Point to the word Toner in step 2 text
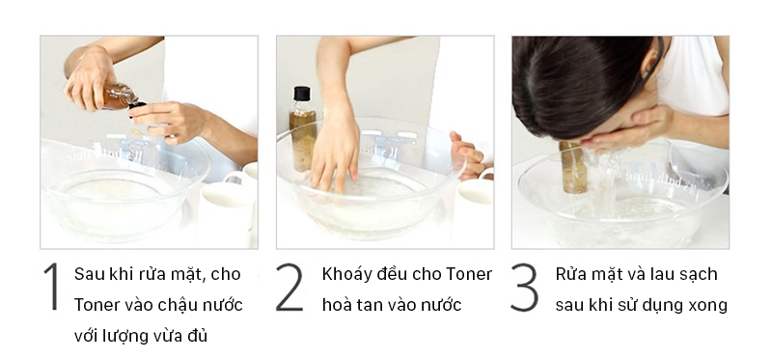point(469,274)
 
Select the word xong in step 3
point(707,305)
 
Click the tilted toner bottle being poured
point(119,96)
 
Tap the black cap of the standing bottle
point(302,95)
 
